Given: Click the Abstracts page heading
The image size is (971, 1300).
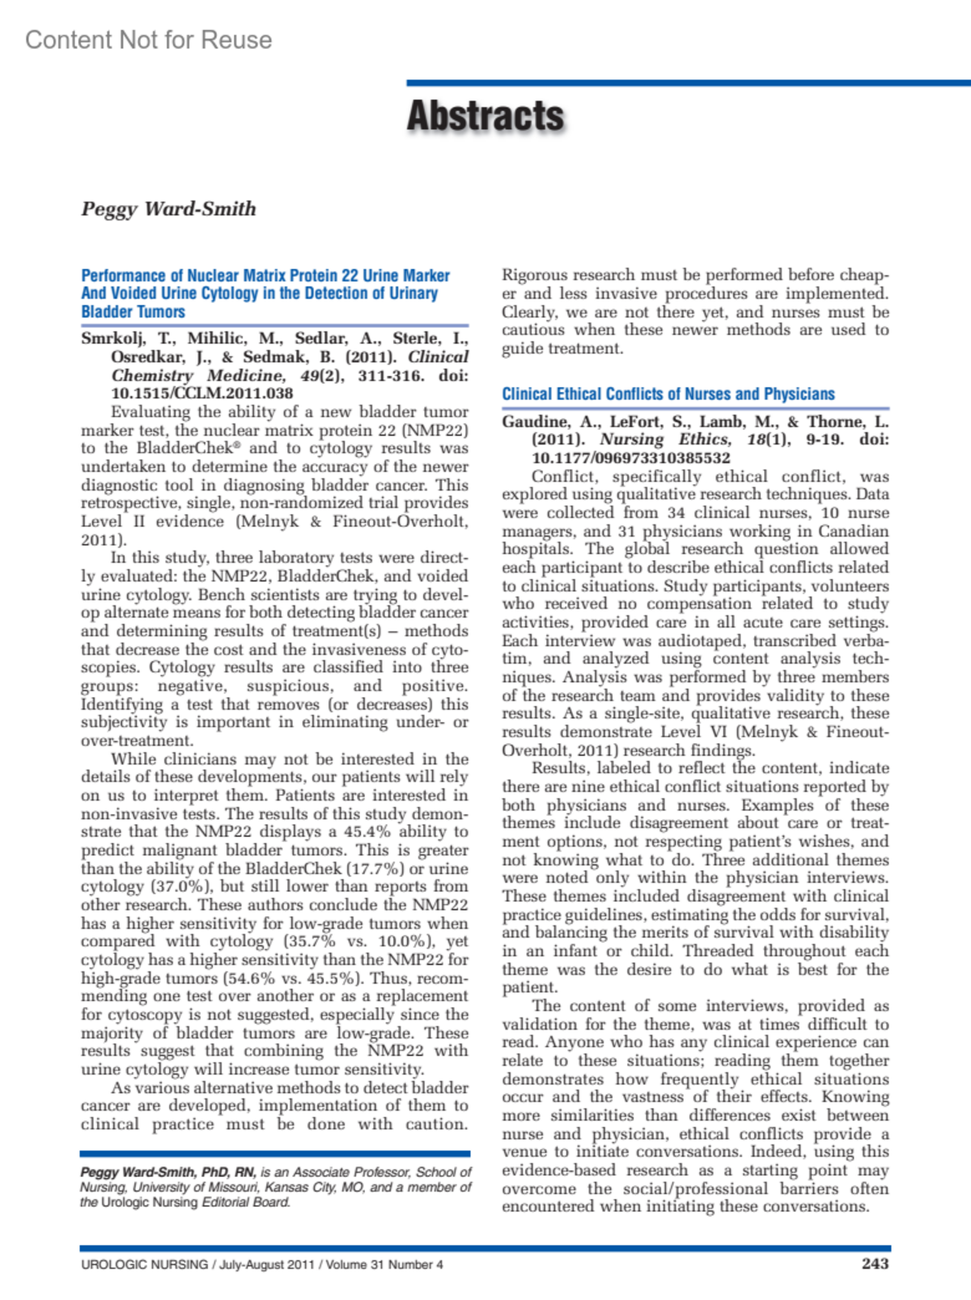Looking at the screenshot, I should point(485,116).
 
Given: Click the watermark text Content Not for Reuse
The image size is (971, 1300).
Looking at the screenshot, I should point(149,40).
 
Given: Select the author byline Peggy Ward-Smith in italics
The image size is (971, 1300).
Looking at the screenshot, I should point(168,209).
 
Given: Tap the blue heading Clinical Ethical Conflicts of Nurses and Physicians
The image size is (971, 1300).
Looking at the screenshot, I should point(668,394).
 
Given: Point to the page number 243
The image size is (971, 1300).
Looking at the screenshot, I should point(875,1264).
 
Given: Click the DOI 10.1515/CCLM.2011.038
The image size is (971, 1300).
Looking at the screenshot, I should point(201,393).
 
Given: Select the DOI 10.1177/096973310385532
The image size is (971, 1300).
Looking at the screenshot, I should point(631,458).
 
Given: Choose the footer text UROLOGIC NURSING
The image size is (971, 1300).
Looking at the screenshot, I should point(144,1264).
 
